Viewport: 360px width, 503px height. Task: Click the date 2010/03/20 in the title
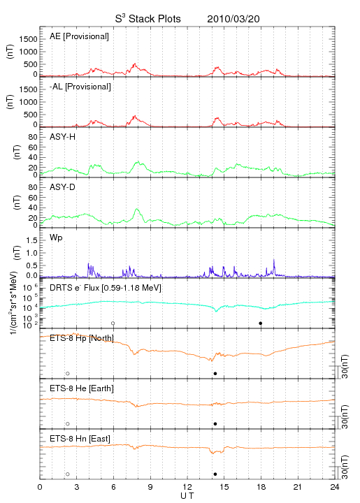pyautogui.click(x=233, y=19)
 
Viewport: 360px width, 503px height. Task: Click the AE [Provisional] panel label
pyautogui.click(x=79, y=36)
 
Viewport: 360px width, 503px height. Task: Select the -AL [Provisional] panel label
pyautogui.click(x=80, y=87)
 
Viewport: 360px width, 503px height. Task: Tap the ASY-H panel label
pyautogui.click(x=62, y=137)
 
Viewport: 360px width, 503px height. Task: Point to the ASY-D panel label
pyautogui.click(x=62, y=187)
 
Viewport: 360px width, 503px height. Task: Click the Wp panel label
pyautogui.click(x=56, y=238)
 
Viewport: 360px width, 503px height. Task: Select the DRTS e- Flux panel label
pyautogui.click(x=106, y=288)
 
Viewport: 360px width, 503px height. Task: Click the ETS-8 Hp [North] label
pyautogui.click(x=82, y=338)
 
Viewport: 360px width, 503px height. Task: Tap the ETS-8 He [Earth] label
pyautogui.click(x=82, y=388)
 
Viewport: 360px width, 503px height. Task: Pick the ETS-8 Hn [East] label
pyautogui.click(x=80, y=439)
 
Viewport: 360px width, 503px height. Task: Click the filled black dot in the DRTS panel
pyautogui.click(x=261, y=323)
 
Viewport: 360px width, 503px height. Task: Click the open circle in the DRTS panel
pyautogui.click(x=113, y=323)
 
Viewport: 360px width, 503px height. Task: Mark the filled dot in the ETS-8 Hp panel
pyautogui.click(x=215, y=373)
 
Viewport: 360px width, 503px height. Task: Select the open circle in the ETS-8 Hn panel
pyautogui.click(x=68, y=474)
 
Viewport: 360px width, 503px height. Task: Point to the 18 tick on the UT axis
pyautogui.click(x=261, y=488)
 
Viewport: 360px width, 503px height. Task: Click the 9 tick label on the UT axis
pyautogui.click(x=150, y=488)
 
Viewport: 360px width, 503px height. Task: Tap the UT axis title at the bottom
pyautogui.click(x=187, y=496)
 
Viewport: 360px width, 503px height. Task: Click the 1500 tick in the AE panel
pyautogui.click(x=28, y=39)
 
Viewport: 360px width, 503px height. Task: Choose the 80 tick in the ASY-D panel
pyautogui.click(x=33, y=187)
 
